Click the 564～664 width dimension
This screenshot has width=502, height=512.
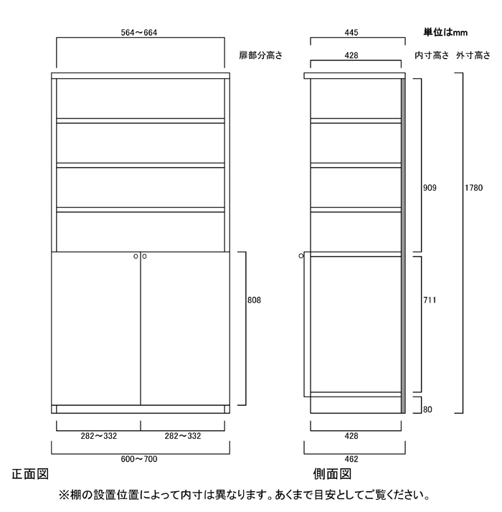coord(139,33)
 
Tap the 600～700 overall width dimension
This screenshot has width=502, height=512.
coord(139,459)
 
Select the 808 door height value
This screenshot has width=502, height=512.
coord(254,300)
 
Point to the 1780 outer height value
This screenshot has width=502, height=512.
coord(473,188)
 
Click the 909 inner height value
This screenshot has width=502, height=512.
coord(430,188)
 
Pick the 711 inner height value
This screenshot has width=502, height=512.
coord(430,300)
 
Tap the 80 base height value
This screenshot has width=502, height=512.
coord(427,409)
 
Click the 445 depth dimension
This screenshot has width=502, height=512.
coord(351,33)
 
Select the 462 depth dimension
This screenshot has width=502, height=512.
coord(351,459)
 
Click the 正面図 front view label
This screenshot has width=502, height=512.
coord(30,474)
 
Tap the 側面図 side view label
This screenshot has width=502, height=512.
coord(332,474)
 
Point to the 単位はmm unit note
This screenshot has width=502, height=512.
coord(445,32)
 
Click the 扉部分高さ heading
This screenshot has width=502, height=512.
coord(260,55)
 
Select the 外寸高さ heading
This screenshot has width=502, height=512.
coord(473,55)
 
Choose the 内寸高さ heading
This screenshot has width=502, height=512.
coord(432,55)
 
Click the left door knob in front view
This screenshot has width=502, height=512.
coord(136,256)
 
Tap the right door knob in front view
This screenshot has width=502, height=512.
coord(144,256)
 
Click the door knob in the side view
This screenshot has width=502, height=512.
coord(301,256)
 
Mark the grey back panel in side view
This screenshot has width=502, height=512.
coord(403,246)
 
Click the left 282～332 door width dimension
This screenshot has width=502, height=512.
coord(99,436)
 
